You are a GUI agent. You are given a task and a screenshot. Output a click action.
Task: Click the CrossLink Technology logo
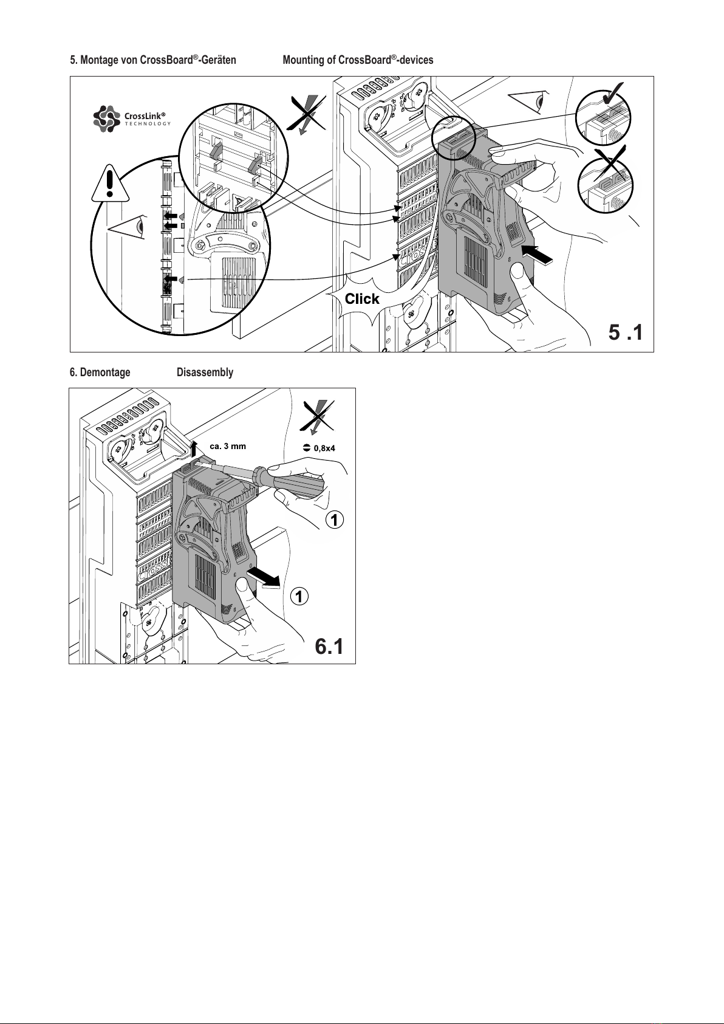click(x=132, y=119)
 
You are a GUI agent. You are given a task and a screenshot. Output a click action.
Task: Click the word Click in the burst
click(x=362, y=299)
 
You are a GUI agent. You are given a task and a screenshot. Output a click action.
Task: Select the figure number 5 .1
click(x=626, y=332)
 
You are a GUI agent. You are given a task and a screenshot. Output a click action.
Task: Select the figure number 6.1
click(x=329, y=647)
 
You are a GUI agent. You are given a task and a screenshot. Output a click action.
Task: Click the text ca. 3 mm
click(x=228, y=446)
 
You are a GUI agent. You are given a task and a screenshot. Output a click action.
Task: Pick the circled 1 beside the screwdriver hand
click(x=335, y=520)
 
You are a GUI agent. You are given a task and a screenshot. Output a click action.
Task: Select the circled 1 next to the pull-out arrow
click(x=299, y=597)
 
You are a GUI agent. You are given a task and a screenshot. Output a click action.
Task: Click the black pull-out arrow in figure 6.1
click(x=263, y=577)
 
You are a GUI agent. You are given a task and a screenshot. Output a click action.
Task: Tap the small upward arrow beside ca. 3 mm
click(x=194, y=449)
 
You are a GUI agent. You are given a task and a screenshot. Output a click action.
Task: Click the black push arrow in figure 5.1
click(x=537, y=255)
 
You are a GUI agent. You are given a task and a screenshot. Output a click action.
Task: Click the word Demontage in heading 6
click(x=105, y=373)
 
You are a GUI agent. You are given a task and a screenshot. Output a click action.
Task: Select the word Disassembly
click(x=205, y=373)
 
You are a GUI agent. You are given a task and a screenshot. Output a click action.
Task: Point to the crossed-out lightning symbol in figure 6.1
click(x=317, y=416)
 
